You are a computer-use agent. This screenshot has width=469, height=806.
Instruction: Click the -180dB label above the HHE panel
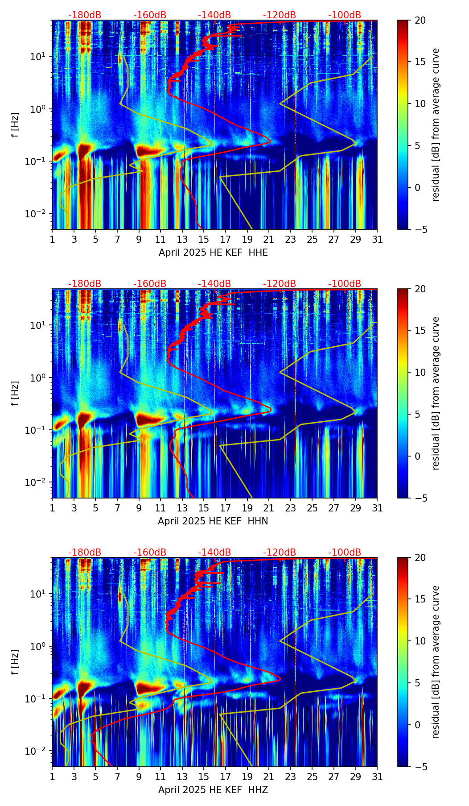85,15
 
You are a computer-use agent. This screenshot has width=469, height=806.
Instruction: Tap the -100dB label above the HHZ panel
345,553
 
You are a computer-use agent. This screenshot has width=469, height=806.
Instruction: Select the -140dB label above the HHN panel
214,284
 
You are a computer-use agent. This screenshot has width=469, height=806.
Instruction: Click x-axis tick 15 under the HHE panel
203,239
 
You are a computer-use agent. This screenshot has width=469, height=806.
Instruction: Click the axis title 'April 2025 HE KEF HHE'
213,253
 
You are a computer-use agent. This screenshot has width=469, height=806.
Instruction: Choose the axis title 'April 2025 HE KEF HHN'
213,521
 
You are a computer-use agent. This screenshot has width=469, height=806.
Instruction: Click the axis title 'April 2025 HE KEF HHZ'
213,790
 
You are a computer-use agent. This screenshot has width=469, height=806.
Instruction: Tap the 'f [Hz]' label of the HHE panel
16,125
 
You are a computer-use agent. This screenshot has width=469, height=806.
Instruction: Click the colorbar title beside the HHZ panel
436,662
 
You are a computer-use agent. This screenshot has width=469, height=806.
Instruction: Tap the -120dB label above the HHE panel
280,15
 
